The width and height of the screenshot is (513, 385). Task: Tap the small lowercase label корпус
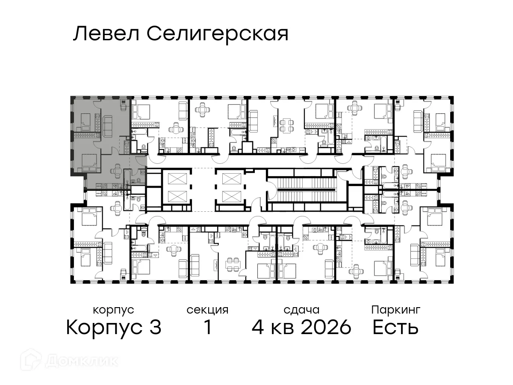113,310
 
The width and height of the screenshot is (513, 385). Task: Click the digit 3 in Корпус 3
155,328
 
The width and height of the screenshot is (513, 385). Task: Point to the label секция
207,310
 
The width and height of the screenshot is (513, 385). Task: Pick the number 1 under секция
208,328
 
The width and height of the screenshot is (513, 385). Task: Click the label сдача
301,310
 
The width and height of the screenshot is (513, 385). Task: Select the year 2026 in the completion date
326,328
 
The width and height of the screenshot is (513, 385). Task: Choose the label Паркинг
396,310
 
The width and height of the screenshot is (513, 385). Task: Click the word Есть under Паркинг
395,328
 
